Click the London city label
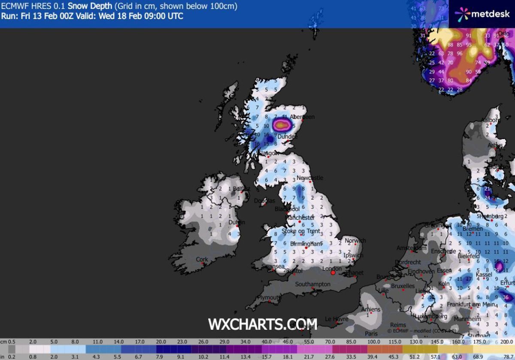[x=332, y=269]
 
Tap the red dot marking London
[x=333, y=273]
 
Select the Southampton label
[x=313, y=284]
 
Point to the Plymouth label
[x=270, y=297]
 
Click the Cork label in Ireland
[x=202, y=259]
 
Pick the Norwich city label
[x=355, y=241]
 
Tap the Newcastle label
[x=309, y=178]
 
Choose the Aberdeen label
[x=302, y=117]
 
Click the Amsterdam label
[x=412, y=248]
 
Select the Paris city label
[x=371, y=333]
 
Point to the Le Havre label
[x=336, y=319]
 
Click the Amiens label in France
[x=371, y=309]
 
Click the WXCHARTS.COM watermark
[x=263, y=324]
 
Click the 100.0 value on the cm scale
[x=374, y=342]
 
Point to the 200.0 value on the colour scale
[x=507, y=342]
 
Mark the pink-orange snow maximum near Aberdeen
[x=281, y=125]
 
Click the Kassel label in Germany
[x=483, y=274]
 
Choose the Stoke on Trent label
[x=301, y=231]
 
